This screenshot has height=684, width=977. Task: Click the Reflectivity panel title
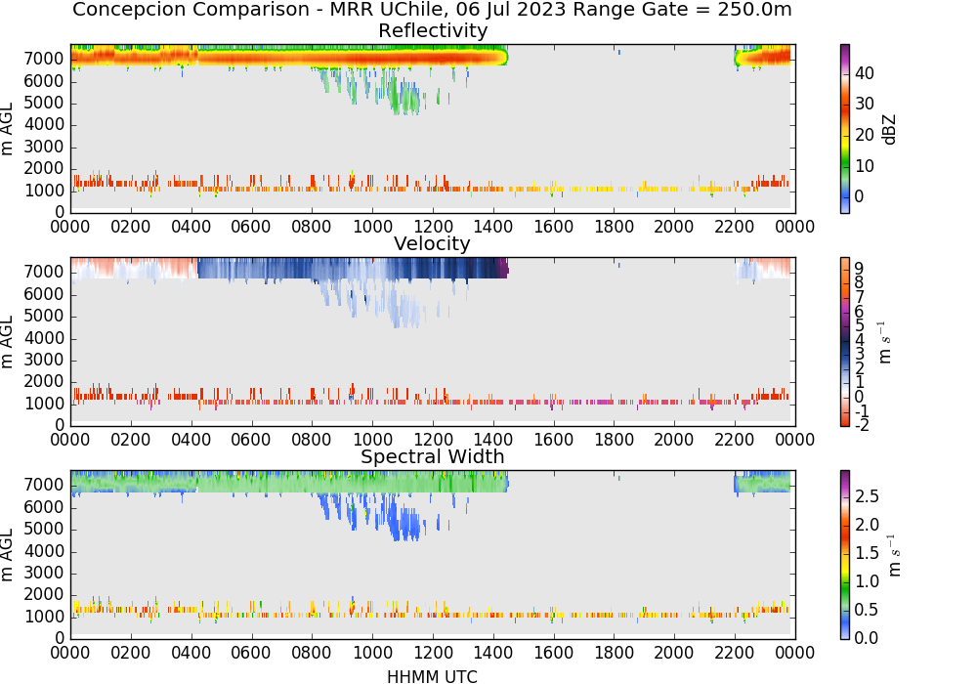pos(433,30)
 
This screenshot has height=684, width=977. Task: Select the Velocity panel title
pos(432,243)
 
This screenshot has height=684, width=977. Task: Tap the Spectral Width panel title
pos(433,456)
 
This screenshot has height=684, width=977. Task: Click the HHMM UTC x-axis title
pos(432,676)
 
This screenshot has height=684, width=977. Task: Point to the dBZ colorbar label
pos(889,129)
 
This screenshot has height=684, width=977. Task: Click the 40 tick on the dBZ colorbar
pos(865,73)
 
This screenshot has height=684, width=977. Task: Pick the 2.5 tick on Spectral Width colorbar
pos(867,496)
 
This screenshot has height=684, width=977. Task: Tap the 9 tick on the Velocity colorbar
pos(859,268)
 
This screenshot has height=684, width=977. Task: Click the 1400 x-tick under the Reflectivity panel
pos(493,226)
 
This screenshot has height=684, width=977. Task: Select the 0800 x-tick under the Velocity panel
pos(312,439)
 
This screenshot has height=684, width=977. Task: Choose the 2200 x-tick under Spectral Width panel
pos(735,652)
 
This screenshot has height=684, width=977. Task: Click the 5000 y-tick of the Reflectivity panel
pos(44,103)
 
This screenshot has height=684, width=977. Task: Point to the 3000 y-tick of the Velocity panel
pos(44,360)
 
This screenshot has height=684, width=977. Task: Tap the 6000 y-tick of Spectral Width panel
pos(44,507)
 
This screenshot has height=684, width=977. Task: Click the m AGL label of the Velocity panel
pos(8,342)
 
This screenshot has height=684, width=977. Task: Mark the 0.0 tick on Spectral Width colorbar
pos(867,638)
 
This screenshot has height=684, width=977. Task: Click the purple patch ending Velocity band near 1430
pos(503,269)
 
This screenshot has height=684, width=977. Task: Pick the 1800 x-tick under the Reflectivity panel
pos(614,226)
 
